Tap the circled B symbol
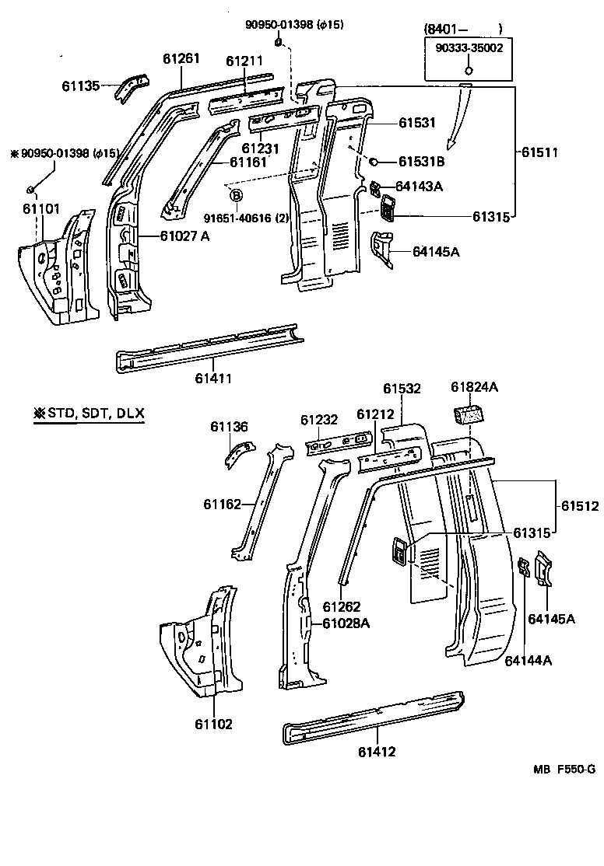point(236,195)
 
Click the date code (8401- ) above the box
point(463,29)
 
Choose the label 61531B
point(421,162)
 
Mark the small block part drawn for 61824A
point(468,413)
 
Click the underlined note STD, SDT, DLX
point(89,413)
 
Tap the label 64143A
point(419,187)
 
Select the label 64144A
point(528,660)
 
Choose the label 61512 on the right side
point(579,506)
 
